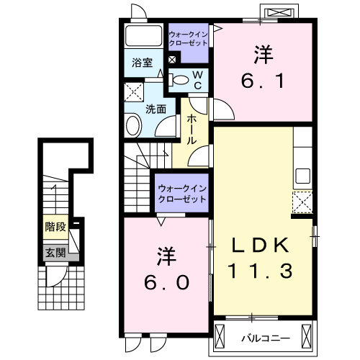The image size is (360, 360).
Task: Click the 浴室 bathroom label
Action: point(141,62)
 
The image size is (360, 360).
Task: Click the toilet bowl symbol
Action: point(181,79)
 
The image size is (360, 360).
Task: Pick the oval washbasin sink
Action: point(134,126)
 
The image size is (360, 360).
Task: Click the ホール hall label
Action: point(192,129)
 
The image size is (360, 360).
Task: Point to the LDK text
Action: point(260,245)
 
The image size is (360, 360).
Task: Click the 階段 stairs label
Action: point(55,227)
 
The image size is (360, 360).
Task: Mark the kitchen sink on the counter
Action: point(302,175)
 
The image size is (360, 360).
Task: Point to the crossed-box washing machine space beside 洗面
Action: point(133,91)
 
